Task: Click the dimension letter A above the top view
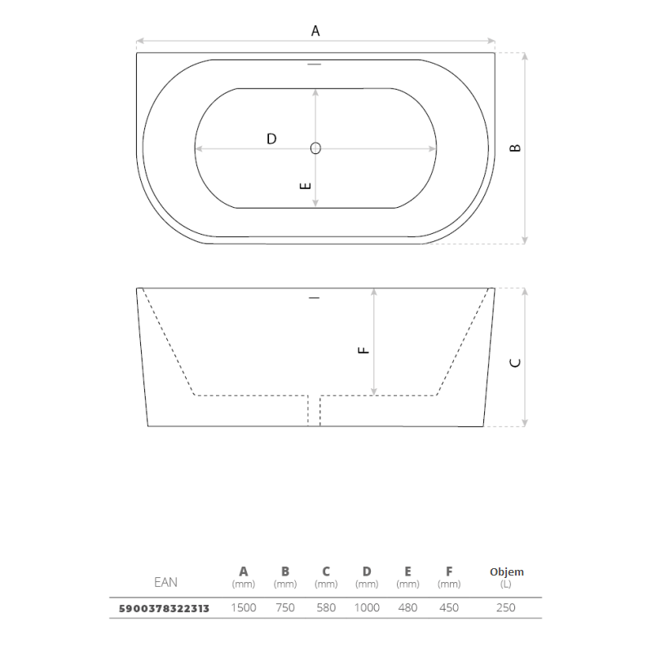coord(315,31)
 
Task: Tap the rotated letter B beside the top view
coord(515,148)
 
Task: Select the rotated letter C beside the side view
coord(515,363)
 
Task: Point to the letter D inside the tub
coord(271,139)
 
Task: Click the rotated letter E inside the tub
coord(306,186)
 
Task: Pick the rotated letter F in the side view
coord(363,351)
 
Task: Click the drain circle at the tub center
coord(315,148)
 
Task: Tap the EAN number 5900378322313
coord(164,608)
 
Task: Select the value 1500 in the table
coord(244,607)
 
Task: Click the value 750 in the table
coord(285,607)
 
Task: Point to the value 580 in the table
coord(326,607)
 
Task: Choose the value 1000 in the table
coord(367,607)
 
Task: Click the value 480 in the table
coord(407,607)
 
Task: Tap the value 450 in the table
coord(449,607)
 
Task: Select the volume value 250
coord(506,607)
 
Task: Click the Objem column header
coord(507,571)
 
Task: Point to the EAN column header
coord(165,582)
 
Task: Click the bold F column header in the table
coord(449,571)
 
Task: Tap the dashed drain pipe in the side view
coord(314,411)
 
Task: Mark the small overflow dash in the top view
coord(315,64)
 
